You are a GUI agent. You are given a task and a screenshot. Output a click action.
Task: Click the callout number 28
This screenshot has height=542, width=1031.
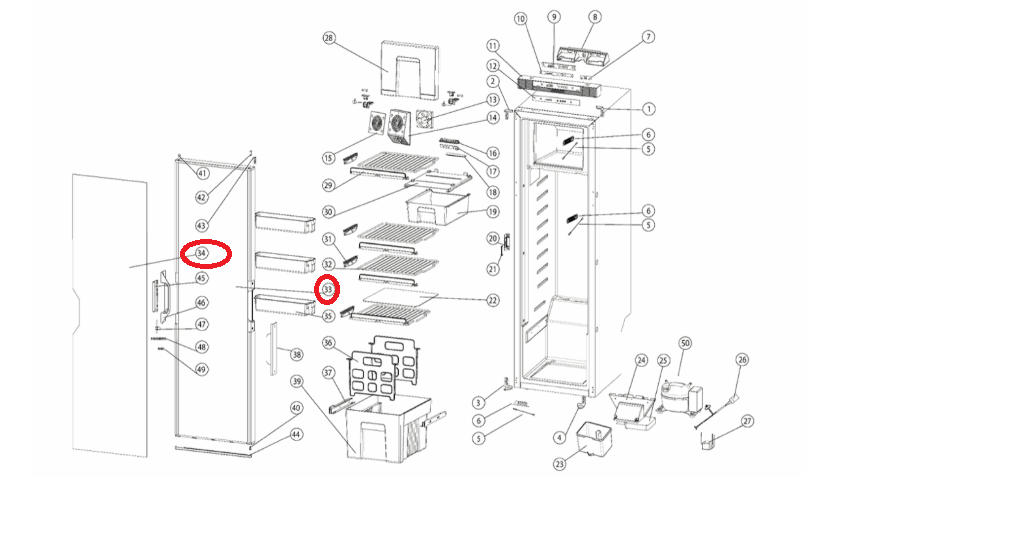click(328, 38)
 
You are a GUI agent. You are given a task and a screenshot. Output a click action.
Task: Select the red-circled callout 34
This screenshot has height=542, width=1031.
click(203, 254)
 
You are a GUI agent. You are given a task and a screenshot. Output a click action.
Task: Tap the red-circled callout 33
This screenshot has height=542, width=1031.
click(327, 290)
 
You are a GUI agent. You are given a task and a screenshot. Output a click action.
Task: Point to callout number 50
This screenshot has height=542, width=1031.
click(685, 343)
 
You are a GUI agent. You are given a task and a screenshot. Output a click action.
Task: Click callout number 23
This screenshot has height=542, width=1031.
click(560, 463)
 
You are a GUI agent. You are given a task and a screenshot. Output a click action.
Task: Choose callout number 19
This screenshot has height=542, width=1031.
click(493, 211)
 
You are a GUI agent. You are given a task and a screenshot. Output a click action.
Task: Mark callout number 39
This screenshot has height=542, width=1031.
click(296, 381)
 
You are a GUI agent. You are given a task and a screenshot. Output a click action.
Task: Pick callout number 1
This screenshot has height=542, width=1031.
click(649, 109)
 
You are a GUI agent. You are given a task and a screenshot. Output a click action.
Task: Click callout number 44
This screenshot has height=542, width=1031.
click(296, 435)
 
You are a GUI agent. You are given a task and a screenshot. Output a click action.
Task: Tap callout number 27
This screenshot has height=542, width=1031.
click(747, 421)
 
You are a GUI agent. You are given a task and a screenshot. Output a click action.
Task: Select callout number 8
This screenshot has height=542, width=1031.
click(595, 17)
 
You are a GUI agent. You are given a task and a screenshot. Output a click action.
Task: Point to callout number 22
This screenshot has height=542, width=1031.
click(493, 300)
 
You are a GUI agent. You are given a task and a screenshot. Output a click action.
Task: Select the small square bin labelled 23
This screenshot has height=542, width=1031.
click(597, 437)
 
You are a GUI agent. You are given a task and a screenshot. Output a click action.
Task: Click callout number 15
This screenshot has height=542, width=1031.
click(328, 158)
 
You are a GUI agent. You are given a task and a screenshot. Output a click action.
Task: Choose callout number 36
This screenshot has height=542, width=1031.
click(328, 343)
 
